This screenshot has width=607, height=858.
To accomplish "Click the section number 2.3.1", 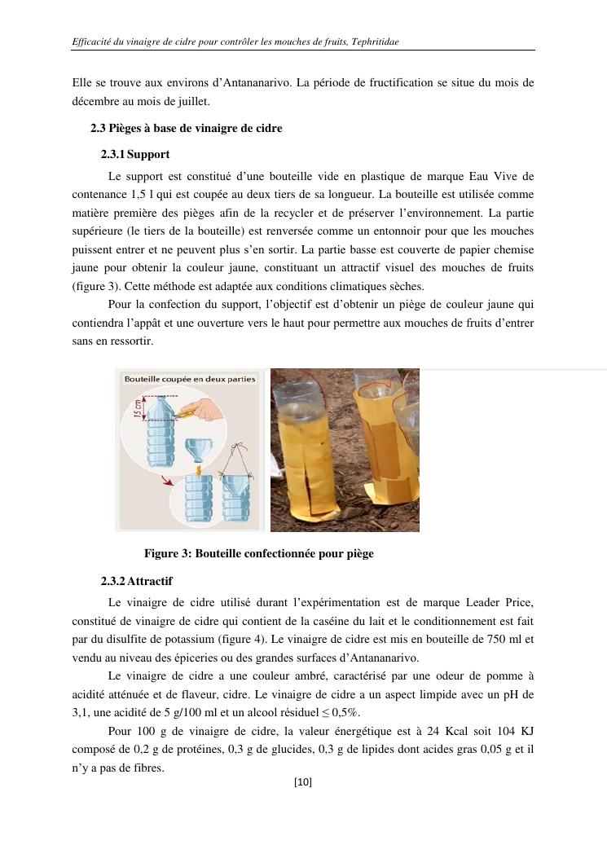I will coord(112,154).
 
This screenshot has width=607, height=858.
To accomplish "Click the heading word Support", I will coord(148,154).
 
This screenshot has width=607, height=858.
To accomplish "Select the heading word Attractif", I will coord(150,582).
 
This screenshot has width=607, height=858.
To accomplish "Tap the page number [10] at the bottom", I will coord(303,782).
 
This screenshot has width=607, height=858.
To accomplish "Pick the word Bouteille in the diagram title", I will coord(143,379).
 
